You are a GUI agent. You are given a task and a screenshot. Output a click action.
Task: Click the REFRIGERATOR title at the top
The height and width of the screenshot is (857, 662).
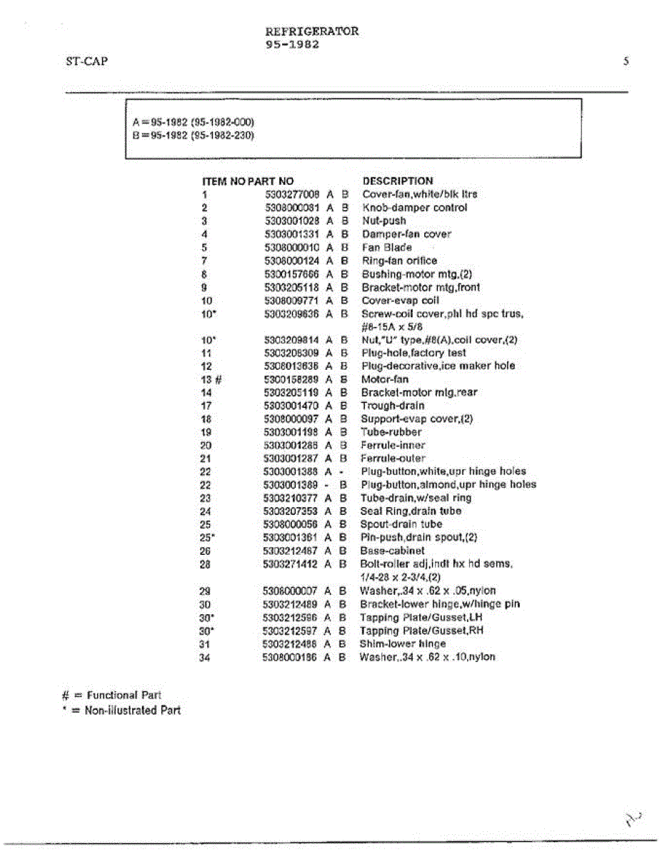click(312, 31)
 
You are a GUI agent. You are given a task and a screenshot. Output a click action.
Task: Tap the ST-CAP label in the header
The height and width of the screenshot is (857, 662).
click(86, 61)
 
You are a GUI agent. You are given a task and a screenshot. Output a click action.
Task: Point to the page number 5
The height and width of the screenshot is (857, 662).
click(626, 61)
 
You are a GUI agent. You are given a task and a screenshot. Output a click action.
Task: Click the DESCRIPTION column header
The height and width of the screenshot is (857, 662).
click(398, 181)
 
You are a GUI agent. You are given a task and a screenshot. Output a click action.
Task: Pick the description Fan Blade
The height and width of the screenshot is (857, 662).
click(386, 247)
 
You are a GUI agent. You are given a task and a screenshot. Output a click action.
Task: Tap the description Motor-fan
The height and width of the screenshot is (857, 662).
click(385, 379)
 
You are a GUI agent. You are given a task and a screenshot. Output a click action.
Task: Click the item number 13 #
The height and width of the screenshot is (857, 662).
click(212, 380)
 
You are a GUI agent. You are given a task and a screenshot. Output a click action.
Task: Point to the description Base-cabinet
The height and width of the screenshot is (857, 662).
click(392, 551)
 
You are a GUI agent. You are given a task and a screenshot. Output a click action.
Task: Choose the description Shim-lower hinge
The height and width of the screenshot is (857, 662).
click(402, 643)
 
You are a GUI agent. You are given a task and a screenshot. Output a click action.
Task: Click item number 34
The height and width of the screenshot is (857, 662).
click(206, 657)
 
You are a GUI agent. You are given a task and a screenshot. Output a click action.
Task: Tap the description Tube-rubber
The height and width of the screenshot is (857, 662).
click(391, 432)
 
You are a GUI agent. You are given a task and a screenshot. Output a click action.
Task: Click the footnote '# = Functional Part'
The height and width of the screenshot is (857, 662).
click(112, 695)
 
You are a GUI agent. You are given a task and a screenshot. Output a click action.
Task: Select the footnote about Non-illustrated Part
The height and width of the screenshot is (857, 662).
click(122, 711)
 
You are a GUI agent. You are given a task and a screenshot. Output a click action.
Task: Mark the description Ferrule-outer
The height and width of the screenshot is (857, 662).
click(392, 458)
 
